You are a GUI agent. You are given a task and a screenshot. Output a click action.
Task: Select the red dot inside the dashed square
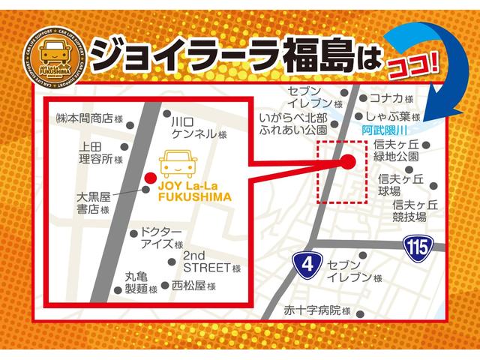348,161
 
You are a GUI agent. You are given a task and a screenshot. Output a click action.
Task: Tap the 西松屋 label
192,286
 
